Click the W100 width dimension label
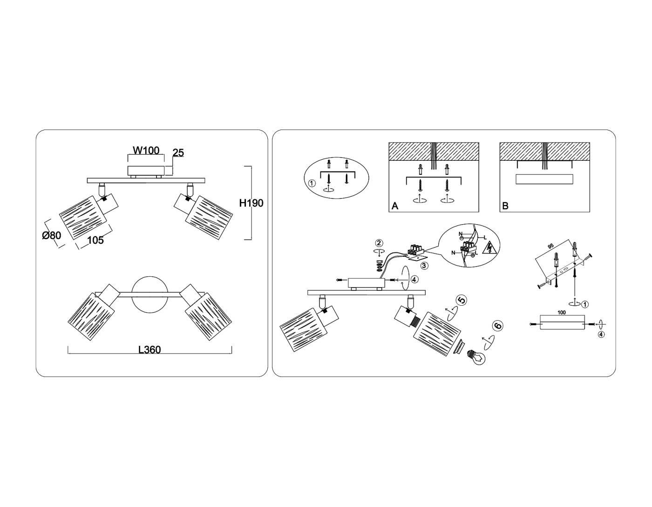pos(146,150)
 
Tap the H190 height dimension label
pos(251,203)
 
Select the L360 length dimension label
pos(149,349)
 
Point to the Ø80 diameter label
pos(52,235)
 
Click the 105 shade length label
pos(95,240)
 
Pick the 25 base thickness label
pos(178,153)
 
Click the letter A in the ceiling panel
pos(395,206)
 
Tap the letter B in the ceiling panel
pos(505,206)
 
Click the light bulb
pos(476,357)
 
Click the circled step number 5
pos(462,300)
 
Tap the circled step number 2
pos(379,243)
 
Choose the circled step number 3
pos(424,266)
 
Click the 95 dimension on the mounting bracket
pos(550,247)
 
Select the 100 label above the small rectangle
pos(561,312)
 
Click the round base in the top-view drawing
pos(149,295)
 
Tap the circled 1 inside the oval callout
pos(312,183)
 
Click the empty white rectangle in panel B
pos(544,179)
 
